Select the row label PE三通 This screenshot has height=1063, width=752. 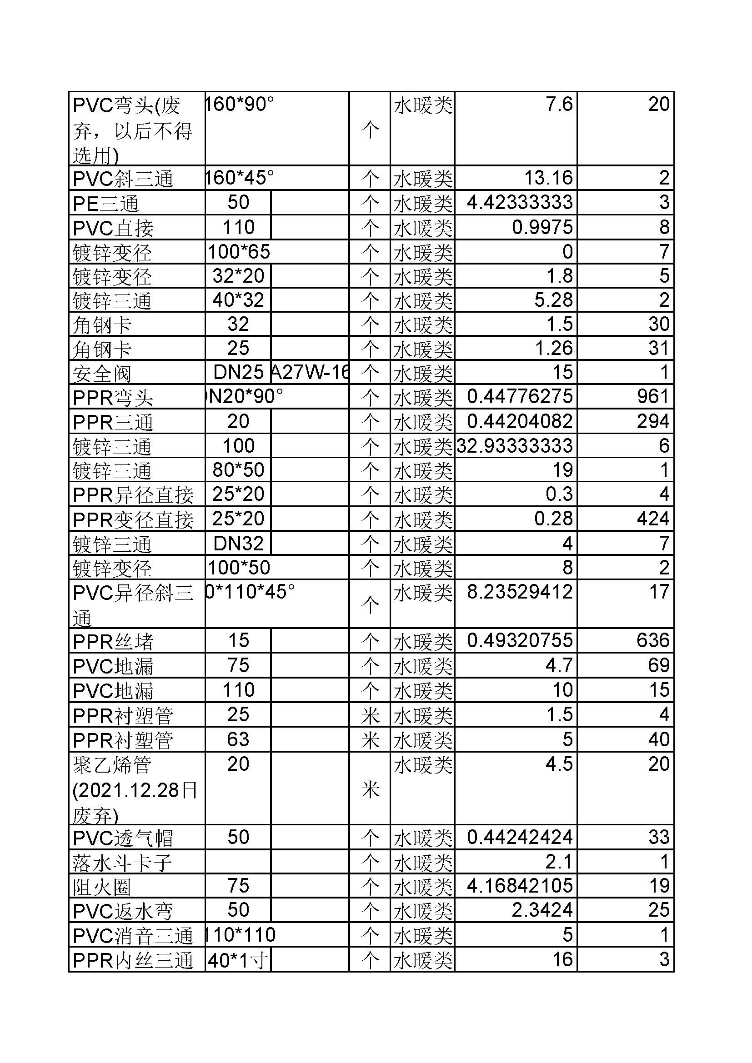click(x=105, y=203)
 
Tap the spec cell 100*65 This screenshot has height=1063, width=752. click(x=239, y=252)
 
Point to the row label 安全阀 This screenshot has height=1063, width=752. click(x=102, y=373)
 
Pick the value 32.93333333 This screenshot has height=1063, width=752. click(x=515, y=446)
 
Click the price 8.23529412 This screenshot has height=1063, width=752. click(x=520, y=592)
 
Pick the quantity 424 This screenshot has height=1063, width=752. click(x=652, y=519)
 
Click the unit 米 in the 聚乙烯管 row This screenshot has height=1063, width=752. click(x=370, y=789)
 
